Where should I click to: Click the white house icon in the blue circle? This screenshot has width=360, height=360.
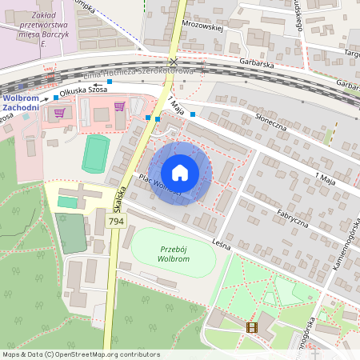(x=180, y=173)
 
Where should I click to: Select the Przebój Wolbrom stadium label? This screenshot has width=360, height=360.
(x=173, y=253)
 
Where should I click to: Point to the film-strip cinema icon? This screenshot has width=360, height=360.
(x=253, y=326)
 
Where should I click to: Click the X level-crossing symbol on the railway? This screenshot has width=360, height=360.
(x=174, y=62)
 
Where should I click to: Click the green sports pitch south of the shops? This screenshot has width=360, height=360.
(x=96, y=153)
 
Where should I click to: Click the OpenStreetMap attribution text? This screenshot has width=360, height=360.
(x=81, y=354)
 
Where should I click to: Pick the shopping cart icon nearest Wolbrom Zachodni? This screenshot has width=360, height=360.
(x=58, y=113)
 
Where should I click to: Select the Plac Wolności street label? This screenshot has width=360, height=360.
(x=159, y=185)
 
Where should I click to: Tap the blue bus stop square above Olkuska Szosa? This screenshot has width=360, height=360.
(x=109, y=82)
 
